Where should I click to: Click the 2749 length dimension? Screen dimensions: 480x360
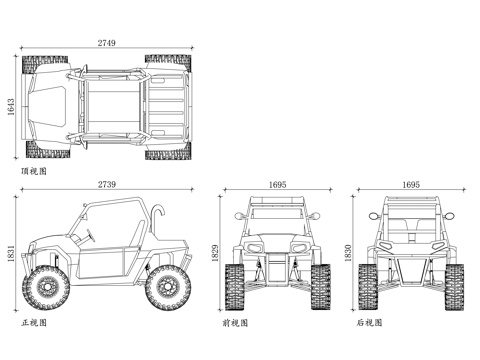pos(107,43)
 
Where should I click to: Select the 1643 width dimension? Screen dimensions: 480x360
pos(11,107)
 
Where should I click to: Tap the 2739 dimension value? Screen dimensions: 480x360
pos(107,184)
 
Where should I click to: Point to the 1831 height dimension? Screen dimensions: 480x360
pos(11,254)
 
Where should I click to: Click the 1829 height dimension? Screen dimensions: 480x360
pos(215,253)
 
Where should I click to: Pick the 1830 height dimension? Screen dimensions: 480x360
pos(348,253)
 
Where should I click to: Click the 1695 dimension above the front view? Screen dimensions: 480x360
pos(278,184)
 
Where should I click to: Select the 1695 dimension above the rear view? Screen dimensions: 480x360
pos(411,184)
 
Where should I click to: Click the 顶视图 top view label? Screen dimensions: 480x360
pos(34,171)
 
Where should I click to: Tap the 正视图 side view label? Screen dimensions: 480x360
pos(34,323)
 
